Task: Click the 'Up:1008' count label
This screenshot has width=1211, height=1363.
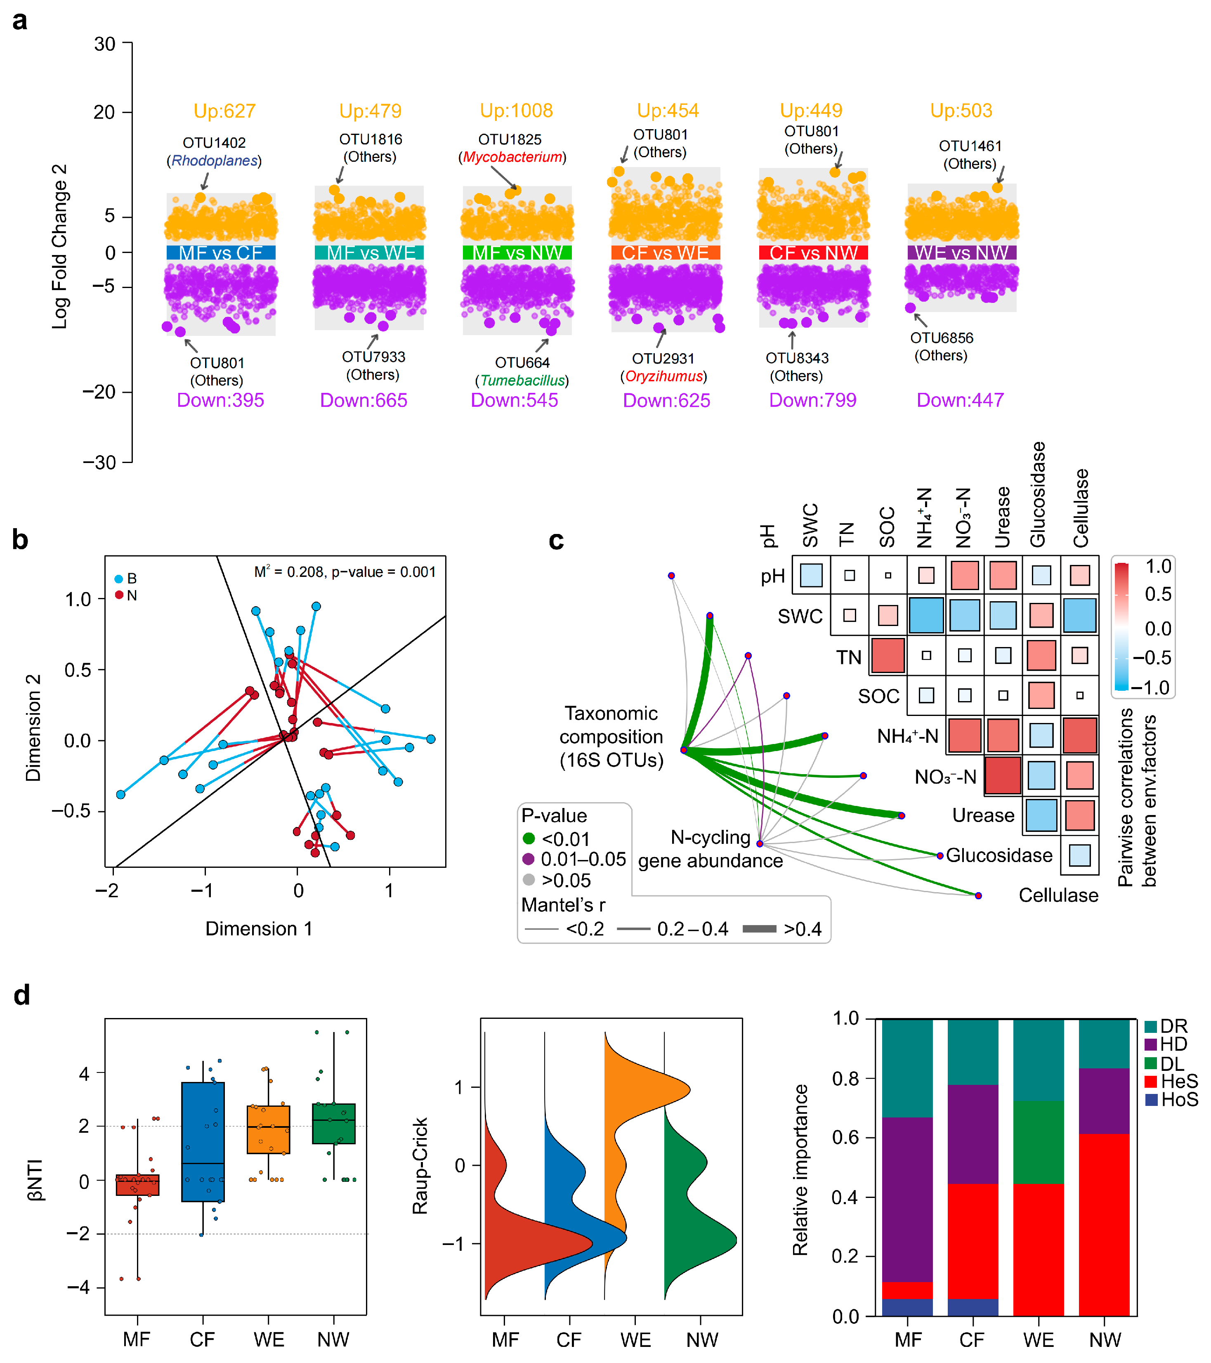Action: [516, 111]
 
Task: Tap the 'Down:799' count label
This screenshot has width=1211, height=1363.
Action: [812, 400]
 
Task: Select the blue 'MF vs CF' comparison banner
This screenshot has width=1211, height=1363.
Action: [221, 253]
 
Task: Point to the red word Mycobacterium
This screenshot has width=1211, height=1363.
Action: [512, 157]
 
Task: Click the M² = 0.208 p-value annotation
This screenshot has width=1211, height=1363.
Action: [345, 572]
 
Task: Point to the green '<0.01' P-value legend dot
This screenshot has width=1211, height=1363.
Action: [529, 838]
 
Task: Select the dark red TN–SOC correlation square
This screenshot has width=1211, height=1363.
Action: [888, 655]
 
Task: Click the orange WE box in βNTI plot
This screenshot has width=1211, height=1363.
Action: [268, 1129]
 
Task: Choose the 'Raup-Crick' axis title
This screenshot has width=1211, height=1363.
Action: [420, 1166]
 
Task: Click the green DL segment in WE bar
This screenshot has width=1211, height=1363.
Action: [1038, 1142]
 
